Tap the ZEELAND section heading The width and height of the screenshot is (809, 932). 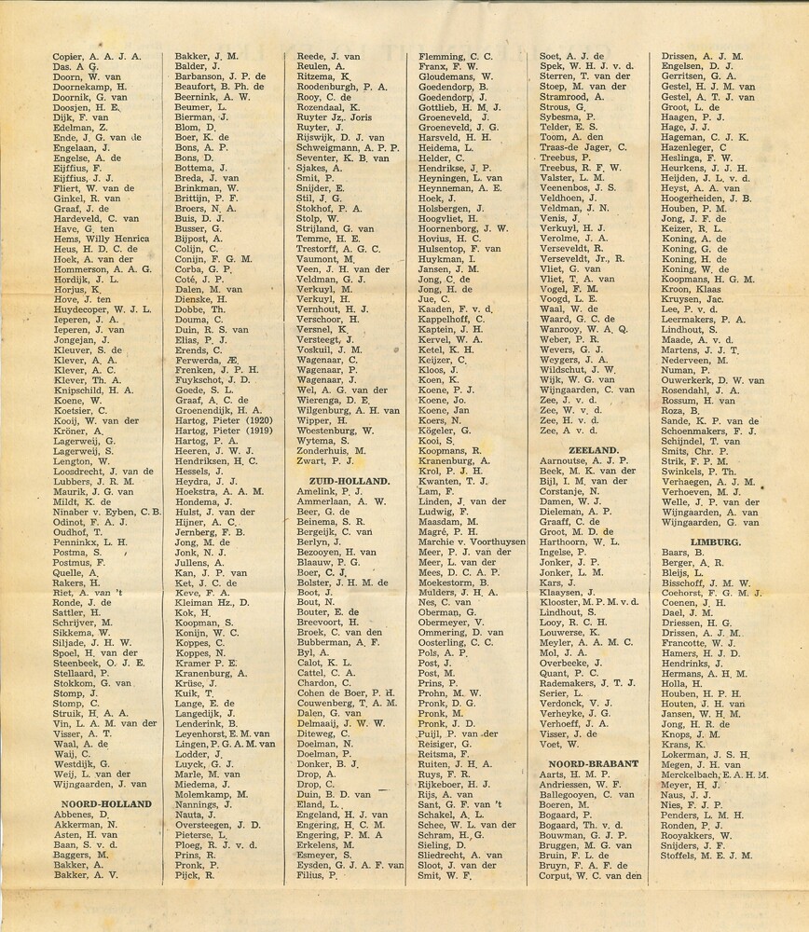579,449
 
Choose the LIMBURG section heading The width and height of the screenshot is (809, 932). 716,541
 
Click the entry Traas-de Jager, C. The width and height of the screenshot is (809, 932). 583,147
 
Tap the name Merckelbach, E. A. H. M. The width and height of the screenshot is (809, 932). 714,774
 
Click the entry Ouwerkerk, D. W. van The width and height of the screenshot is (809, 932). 712,380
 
